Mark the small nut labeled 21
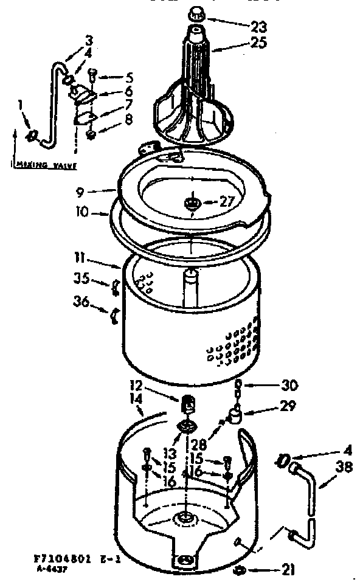click(x=240, y=569)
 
